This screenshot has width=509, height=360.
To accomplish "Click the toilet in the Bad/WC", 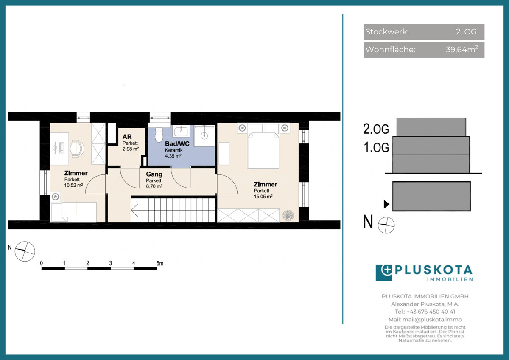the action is [159, 135].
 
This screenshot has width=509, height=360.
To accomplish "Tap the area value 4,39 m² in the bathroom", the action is [173, 156].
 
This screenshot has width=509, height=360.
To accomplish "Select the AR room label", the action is [127, 137].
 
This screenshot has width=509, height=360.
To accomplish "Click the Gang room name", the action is [154, 174].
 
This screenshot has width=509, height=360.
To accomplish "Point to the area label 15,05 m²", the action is [263, 197].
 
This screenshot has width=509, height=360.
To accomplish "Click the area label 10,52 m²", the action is [73, 186].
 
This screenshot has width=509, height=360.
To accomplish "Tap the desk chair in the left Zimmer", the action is [77, 149].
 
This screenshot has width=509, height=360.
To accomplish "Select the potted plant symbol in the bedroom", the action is [288, 215].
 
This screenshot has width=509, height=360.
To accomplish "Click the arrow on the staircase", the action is [134, 211].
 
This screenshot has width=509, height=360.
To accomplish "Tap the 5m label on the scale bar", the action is [160, 263].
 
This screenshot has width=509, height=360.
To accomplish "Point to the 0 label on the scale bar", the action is [42, 263].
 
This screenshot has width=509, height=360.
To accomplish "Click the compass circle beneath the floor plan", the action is [25, 251].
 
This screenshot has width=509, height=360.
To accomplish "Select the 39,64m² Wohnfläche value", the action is [462, 49].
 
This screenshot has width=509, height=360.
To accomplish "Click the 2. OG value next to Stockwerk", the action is [466, 31].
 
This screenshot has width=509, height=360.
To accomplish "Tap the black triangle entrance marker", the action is [386, 204].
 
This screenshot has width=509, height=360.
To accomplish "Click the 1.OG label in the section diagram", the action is [376, 147].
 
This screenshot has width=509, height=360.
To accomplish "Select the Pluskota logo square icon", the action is [384, 273].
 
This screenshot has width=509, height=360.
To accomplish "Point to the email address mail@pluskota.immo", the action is [432, 320].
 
